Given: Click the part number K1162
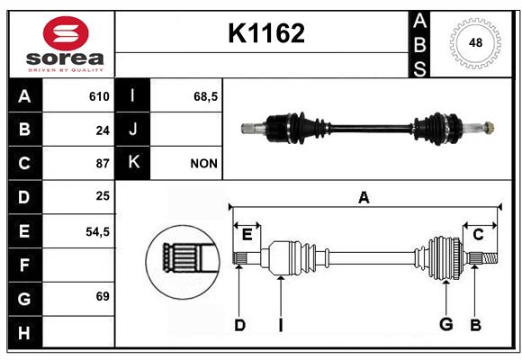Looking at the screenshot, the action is [266, 33].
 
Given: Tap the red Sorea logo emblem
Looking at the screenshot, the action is [66, 33].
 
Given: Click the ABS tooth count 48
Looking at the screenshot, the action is [475, 43].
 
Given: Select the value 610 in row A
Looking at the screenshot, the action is [99, 96].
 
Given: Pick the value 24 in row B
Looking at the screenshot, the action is [103, 130].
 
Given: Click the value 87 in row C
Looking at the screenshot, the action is [103, 164].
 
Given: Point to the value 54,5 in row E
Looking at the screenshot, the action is [97, 232].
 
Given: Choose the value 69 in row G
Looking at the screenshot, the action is [103, 296].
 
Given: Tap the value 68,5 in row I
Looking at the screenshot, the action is [205, 97].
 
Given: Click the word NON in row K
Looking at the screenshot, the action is [203, 164].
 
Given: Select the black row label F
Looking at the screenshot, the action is [24, 265].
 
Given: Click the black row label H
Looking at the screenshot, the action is [24, 333].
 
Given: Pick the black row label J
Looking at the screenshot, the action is [133, 130].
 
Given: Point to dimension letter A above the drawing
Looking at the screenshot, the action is [364, 197].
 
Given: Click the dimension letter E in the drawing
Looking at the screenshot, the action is [247, 235].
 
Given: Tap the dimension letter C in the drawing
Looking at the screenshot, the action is [478, 235].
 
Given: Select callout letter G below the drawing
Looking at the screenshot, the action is [446, 324].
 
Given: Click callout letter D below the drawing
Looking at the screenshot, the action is [239, 325].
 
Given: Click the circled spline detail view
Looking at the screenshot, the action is [183, 262].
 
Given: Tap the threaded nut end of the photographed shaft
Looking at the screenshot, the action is [489, 128].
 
